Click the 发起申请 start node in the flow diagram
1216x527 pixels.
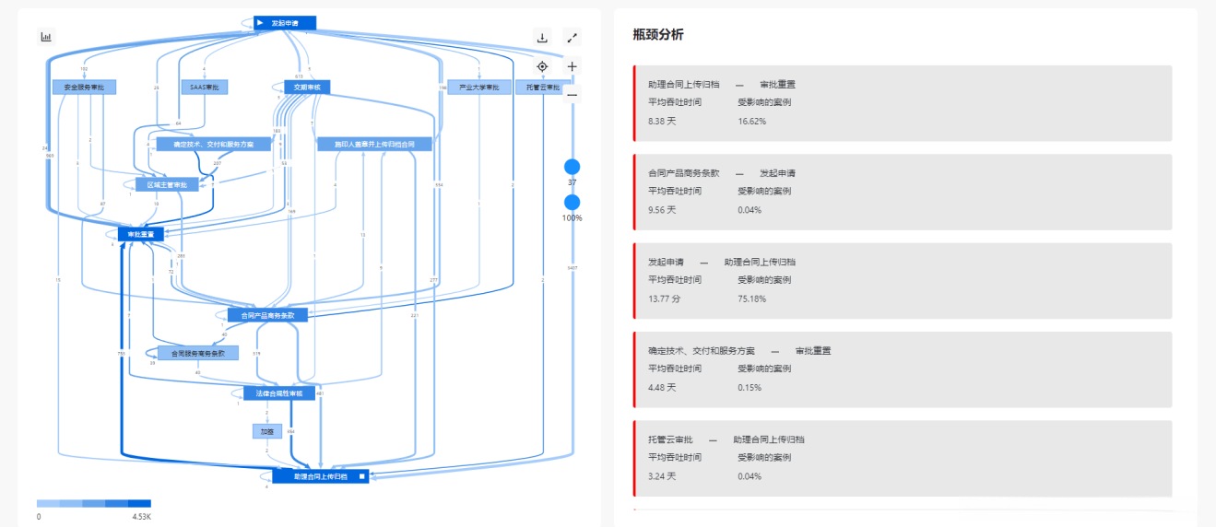click(285, 23)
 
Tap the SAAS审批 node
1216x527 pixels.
click(204, 88)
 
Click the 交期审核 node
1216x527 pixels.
click(301, 88)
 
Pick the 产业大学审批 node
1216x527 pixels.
click(478, 88)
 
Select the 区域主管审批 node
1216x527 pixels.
click(167, 185)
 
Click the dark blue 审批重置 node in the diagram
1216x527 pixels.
click(140, 234)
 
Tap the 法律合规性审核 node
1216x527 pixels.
click(279, 393)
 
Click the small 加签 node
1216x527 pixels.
click(266, 431)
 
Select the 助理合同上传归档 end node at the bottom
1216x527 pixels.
click(321, 476)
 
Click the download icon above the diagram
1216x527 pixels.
click(542, 38)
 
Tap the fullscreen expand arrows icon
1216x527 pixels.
click(573, 38)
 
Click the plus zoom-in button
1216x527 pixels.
click(573, 66)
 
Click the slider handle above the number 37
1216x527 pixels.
click(572, 168)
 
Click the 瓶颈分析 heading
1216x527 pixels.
click(658, 35)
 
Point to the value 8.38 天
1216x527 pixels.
click(663, 121)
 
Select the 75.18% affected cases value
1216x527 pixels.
click(751, 299)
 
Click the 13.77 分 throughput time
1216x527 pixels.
click(664, 299)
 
